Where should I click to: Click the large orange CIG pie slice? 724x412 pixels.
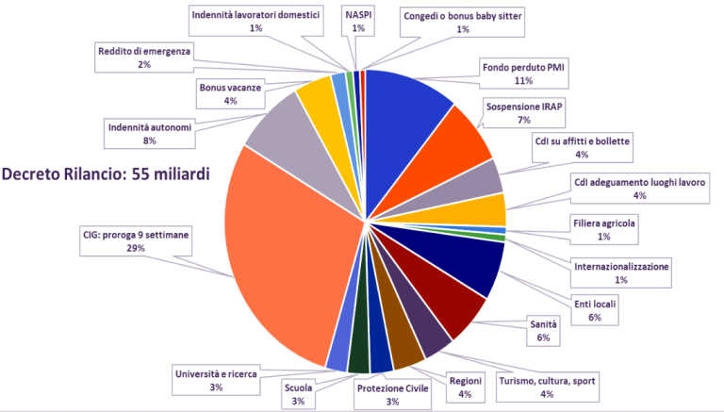[x=283, y=255]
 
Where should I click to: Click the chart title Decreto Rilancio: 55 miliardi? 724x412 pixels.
[x=105, y=174]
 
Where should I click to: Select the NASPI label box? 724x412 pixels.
[x=357, y=22]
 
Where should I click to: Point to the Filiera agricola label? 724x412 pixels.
[x=604, y=230]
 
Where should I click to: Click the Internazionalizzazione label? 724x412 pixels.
[x=621, y=273]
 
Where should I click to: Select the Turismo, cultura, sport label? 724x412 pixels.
[x=548, y=387]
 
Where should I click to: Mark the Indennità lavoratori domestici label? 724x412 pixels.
[x=256, y=22]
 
